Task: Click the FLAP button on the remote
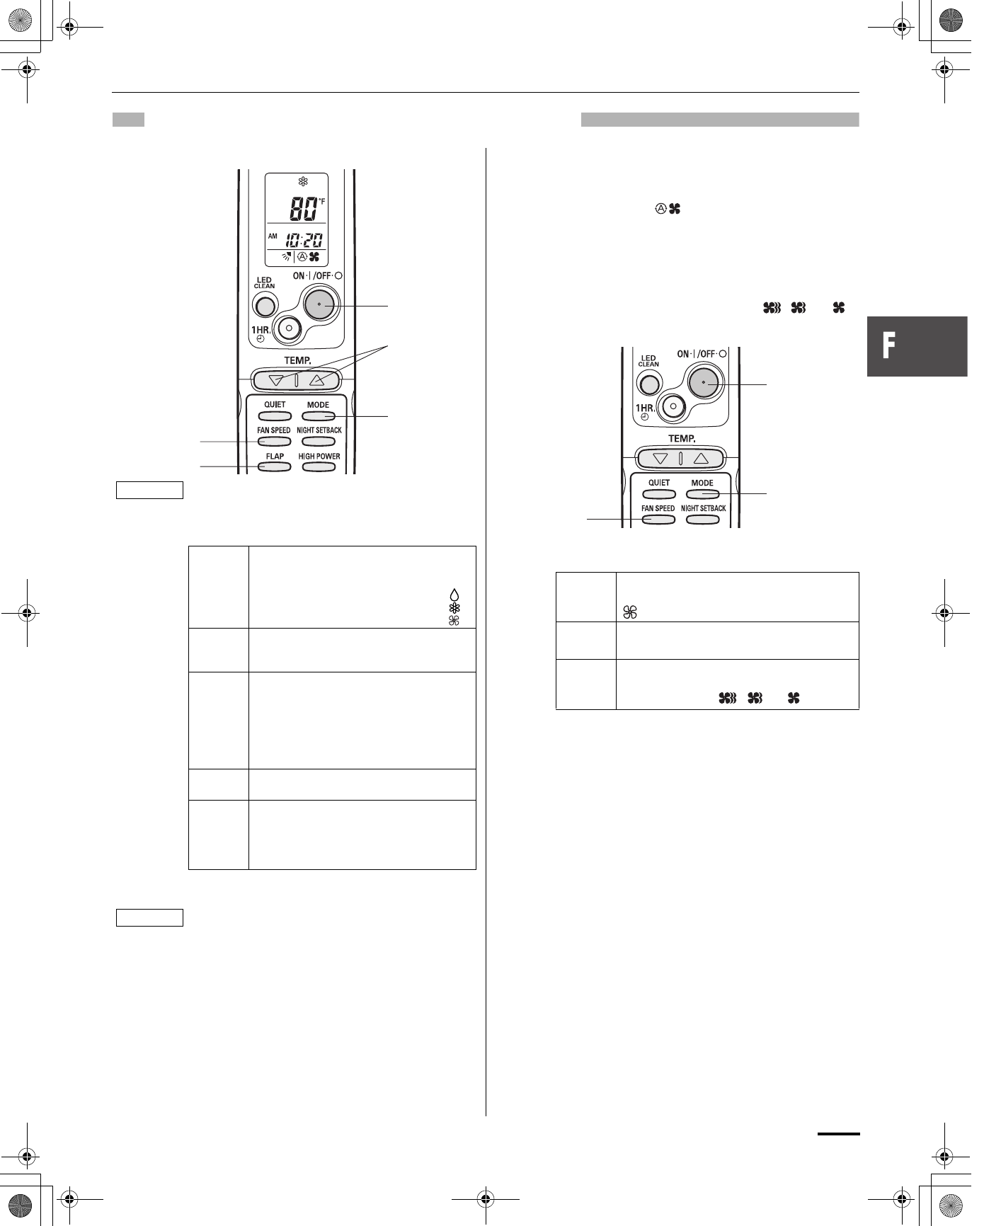coord(274,467)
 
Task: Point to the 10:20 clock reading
coord(304,239)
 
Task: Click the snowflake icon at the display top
coord(303,181)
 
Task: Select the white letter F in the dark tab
coord(888,346)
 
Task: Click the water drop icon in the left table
coord(454,595)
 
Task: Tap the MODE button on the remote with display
coord(318,416)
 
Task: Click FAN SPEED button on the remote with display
coord(274,442)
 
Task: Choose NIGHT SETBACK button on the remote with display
coord(319,442)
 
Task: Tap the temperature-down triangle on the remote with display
coord(277,380)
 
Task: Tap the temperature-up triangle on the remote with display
coord(316,380)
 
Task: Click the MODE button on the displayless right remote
coord(702,494)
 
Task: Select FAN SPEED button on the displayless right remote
coord(658,520)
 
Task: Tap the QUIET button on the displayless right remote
coord(658,494)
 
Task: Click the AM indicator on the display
coord(273,236)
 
